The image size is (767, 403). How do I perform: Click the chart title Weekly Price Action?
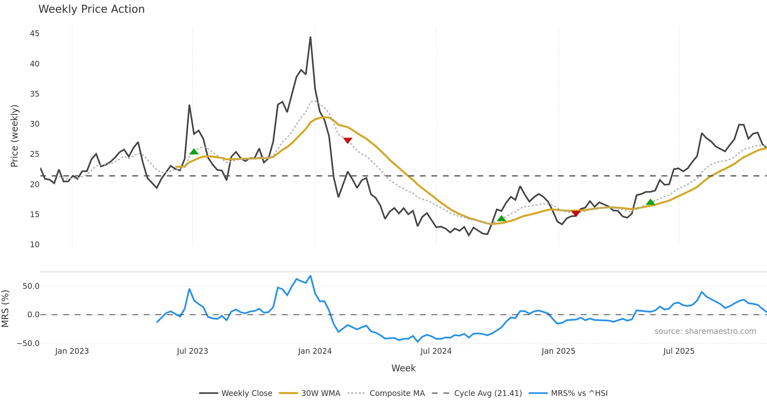tap(91, 9)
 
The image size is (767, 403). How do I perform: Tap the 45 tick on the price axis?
tap(35, 34)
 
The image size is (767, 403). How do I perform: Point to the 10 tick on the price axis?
tap(35, 245)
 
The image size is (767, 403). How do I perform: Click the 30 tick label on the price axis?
tap(35, 124)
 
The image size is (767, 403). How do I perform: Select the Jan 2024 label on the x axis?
tap(315, 351)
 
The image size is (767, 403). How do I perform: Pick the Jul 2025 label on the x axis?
tap(679, 351)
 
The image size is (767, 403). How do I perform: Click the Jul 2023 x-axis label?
tap(192, 351)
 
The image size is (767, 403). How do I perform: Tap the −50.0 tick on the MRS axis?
tap(28, 344)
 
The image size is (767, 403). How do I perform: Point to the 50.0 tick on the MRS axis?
tap(31, 286)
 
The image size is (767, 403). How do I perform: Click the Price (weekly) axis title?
tap(15, 136)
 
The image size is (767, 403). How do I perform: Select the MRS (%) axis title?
tap(5, 309)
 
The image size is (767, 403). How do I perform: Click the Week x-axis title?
tap(403, 368)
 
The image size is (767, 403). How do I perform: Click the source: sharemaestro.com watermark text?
tap(705, 331)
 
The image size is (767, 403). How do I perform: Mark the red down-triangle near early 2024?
tap(348, 140)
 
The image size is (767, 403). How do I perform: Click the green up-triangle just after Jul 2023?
tap(194, 152)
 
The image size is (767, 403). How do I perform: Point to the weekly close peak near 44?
tap(310, 37)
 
